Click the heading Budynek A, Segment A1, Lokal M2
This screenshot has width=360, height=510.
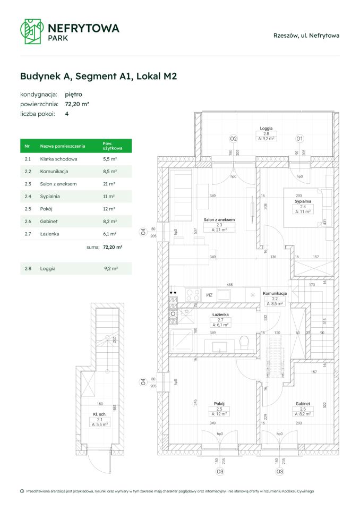98,76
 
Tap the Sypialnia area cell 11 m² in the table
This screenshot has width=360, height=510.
109,196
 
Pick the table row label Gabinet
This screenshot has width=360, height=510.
48,221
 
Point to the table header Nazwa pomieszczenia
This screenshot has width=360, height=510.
62,146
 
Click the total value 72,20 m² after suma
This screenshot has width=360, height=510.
113,247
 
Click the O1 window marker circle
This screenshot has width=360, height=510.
299,139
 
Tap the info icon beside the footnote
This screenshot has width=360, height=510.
22,491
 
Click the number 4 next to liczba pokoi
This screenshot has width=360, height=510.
67,114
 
